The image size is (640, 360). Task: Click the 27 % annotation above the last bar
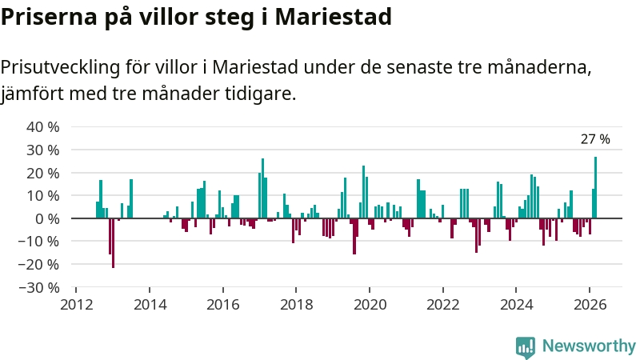[595, 139]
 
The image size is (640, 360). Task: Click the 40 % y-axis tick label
[43, 127]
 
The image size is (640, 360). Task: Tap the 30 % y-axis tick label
[43, 150]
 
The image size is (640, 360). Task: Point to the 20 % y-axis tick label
[43, 173]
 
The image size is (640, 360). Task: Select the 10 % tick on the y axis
[43, 195]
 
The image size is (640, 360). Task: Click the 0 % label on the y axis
[47, 218]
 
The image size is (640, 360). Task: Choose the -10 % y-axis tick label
[40, 242]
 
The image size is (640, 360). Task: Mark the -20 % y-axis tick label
[40, 264]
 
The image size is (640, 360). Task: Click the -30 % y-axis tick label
[40, 287]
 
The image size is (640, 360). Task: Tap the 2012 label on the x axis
[76, 304]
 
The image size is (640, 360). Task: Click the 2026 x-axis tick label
[589, 304]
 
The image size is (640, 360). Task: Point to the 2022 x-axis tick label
[442, 304]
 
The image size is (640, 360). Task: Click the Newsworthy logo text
[589, 346]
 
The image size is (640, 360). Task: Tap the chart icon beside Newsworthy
[526, 346]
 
